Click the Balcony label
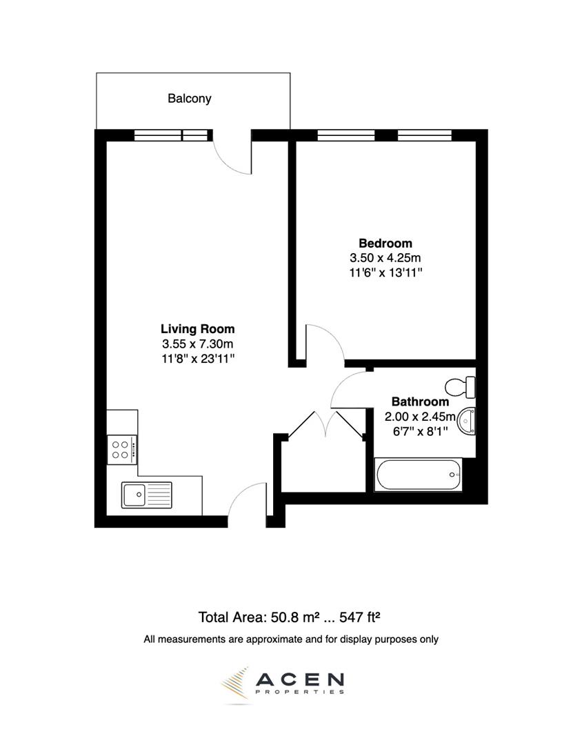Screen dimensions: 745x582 point(190,99)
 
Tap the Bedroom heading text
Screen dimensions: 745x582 point(385,244)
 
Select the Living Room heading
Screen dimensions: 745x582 point(198,329)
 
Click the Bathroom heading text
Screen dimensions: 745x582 point(420,401)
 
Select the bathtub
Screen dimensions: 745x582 point(418,475)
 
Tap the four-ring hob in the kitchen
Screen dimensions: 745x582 point(121,450)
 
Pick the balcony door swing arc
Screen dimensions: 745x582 point(230,156)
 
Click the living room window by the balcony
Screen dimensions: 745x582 point(170,135)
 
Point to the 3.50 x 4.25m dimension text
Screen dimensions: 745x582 point(385,258)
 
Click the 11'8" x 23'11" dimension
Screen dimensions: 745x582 point(198,358)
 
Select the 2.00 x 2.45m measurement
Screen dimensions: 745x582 point(420,416)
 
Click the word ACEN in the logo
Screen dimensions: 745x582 point(299,682)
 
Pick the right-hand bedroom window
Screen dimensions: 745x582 point(424,135)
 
